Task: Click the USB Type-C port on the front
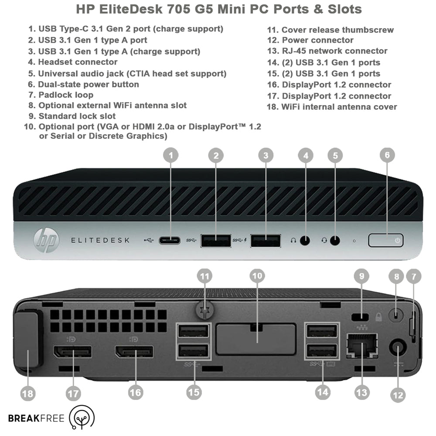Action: [169, 240]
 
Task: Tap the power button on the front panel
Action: [386, 240]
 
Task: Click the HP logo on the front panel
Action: [46, 240]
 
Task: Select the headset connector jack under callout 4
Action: [305, 241]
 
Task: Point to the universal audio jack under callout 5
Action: [335, 241]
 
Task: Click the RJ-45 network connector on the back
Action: [362, 346]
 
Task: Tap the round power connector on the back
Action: [398, 348]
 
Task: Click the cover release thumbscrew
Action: [205, 310]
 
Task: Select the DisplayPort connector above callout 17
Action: [72, 352]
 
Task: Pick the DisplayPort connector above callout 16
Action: [134, 352]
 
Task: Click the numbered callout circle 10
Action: [257, 276]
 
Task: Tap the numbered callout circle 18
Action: [28, 393]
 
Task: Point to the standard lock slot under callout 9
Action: [361, 317]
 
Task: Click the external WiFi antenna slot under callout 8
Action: [396, 315]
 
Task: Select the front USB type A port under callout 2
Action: [216, 241]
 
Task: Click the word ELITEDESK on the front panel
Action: [100, 240]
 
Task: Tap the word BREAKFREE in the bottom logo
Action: [36, 419]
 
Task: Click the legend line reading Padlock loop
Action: [61, 95]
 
